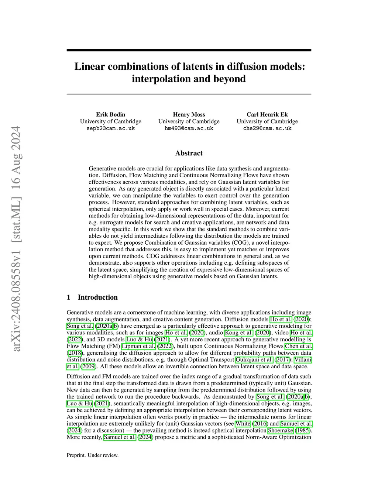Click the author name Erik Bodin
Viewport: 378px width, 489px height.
(x=110, y=114)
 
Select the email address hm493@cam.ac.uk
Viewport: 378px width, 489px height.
(x=189, y=128)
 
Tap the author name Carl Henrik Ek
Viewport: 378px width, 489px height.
(x=267, y=114)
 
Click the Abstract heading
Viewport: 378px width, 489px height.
(x=189, y=153)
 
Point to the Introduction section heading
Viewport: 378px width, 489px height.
(x=97, y=297)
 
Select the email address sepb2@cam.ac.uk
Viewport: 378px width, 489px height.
(x=110, y=128)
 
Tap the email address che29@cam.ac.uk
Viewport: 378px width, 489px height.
(x=267, y=128)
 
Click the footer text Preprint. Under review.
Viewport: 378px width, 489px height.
(x=93, y=455)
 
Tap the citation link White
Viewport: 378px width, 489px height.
(x=243, y=424)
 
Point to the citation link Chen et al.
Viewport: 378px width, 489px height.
(x=299, y=346)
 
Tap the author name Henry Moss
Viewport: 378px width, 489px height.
(x=189, y=114)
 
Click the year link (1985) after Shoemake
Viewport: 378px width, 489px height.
(x=303, y=430)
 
